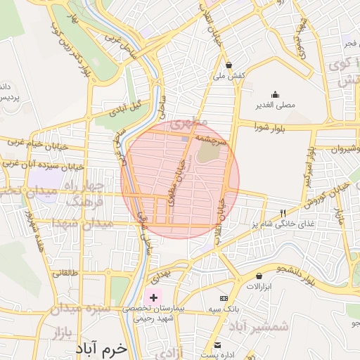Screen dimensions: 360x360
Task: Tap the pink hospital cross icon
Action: click(x=153, y=298)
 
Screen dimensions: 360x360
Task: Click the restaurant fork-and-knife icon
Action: click(x=283, y=213)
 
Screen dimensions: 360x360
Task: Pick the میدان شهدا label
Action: click(x=82, y=224)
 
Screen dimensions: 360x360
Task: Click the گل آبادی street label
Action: click(x=125, y=108)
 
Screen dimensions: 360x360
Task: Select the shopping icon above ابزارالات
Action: click(x=259, y=276)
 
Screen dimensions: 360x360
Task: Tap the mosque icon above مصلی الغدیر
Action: click(x=275, y=96)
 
